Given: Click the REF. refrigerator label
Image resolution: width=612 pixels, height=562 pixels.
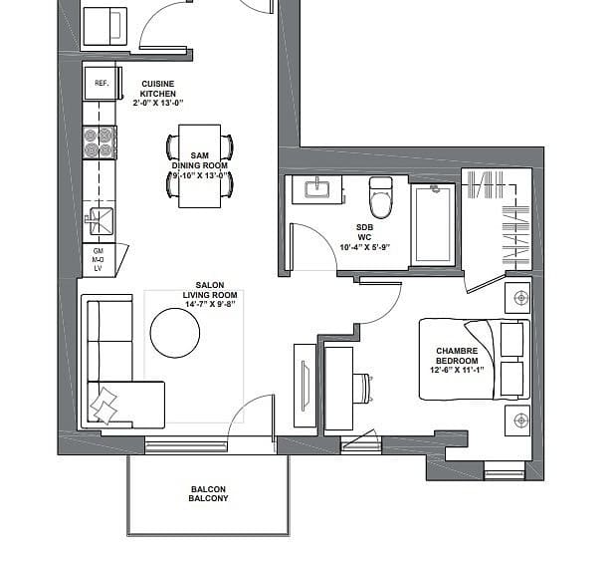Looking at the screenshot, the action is [102, 84].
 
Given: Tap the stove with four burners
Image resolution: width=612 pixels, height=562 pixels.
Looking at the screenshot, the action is [100, 142].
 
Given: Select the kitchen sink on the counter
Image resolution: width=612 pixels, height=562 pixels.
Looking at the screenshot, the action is [101, 221].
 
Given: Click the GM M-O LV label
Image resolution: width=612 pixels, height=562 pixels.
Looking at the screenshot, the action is [98, 259].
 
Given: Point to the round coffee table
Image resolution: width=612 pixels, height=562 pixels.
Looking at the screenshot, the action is [175, 333].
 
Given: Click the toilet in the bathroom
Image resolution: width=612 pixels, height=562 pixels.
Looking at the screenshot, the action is [380, 197].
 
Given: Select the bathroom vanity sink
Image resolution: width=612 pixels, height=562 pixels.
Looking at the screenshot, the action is [316, 189].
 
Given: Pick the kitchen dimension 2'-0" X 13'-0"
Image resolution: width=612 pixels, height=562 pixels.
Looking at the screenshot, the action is [158, 104].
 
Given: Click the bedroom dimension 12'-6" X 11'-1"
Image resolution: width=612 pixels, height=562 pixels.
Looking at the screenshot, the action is [457, 370].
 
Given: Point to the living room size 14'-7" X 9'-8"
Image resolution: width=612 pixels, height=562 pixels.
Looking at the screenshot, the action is [210, 304].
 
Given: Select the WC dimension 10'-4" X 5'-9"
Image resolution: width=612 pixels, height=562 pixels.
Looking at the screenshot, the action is [365, 247].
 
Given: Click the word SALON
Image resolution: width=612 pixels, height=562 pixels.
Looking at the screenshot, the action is [210, 285].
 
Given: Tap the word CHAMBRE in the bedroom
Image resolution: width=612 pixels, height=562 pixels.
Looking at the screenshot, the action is [457, 351].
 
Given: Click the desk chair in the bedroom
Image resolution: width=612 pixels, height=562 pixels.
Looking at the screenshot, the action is [362, 388].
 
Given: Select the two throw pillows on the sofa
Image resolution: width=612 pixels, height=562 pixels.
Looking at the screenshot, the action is [103, 406].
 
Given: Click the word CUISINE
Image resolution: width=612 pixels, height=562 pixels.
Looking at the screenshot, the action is [158, 84].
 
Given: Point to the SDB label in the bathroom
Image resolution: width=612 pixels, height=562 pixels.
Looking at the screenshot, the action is [365, 227].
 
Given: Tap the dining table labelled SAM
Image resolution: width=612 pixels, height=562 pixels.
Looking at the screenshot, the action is [199, 166].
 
